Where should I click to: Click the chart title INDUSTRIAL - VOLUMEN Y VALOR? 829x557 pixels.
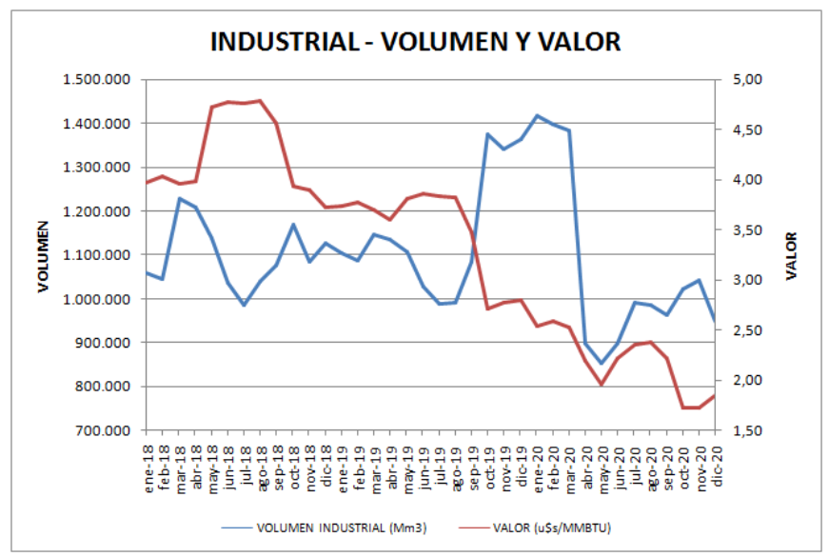point(414,42)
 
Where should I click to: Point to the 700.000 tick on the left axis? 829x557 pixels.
point(102,430)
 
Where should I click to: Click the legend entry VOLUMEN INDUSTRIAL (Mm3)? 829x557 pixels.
point(322,526)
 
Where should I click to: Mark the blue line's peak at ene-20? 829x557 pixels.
point(538,116)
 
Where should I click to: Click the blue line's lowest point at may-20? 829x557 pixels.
point(602,364)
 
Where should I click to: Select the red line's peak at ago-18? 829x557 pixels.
point(261,100)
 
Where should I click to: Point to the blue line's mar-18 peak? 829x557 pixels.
point(180,199)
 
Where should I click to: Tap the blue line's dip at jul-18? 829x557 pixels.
point(245,305)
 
